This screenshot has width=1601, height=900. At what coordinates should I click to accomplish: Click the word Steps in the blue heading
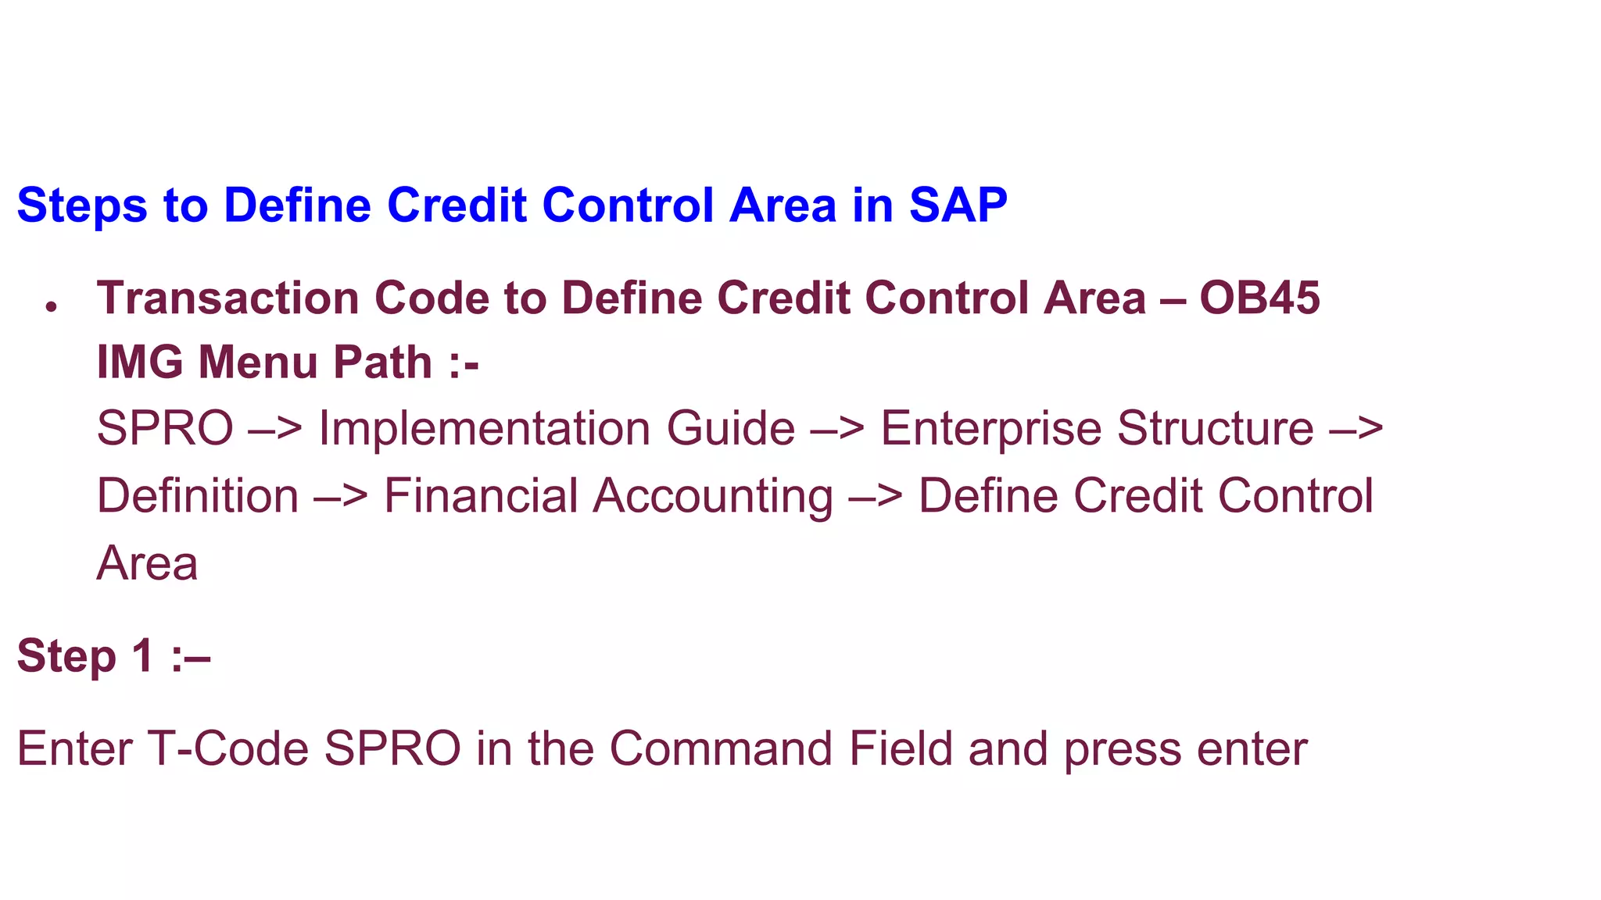pos(82,206)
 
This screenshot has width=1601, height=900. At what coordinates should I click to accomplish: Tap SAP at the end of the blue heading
pos(958,206)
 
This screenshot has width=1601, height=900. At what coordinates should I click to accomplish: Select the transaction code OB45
pos(1259,298)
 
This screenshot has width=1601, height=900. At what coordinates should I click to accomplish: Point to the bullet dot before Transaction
pos(52,307)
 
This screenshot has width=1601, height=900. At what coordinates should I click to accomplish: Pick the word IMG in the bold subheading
pos(140,362)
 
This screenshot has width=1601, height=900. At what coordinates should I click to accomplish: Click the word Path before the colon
pos(382,362)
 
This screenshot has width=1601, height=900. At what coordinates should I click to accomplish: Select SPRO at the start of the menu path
pos(165,428)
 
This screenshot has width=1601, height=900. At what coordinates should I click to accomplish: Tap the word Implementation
pos(485,428)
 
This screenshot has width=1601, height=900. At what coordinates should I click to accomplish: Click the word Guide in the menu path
pos(730,428)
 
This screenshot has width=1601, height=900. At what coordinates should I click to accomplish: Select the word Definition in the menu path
pos(198,496)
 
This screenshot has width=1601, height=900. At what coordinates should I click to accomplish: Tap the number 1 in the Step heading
pos(141,655)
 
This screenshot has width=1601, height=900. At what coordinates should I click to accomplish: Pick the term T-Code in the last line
pos(227,748)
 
